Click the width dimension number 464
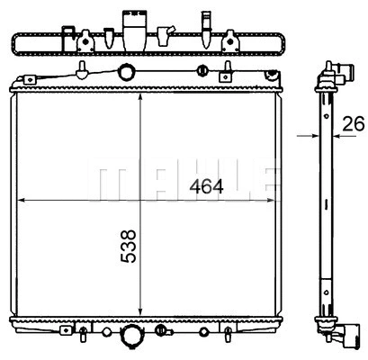coord(207,187)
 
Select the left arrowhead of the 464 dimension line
coord(22,200)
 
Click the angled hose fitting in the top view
coord(165,34)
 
